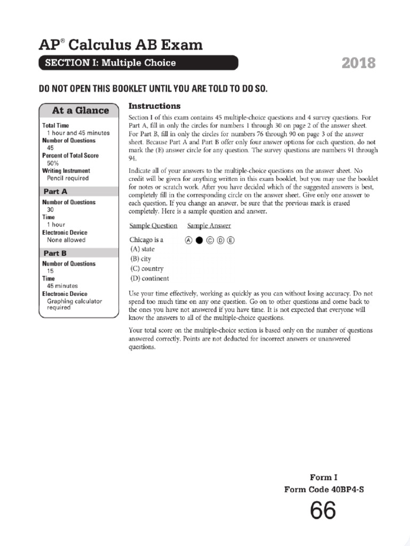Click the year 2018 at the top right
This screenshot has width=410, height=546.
[x=358, y=63]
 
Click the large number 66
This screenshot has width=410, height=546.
[x=323, y=511]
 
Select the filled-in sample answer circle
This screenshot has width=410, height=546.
[x=199, y=240]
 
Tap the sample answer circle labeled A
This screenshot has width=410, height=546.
[x=188, y=240]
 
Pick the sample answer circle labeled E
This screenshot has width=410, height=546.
[x=231, y=240]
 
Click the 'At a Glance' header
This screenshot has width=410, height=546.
[x=80, y=110]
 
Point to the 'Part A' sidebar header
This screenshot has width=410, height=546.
[x=56, y=191]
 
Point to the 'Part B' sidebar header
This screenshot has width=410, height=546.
[x=56, y=253]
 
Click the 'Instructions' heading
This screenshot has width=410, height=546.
[x=155, y=106]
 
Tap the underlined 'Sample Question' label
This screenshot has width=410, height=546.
[x=153, y=226]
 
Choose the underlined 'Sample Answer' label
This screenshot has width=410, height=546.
[x=209, y=226]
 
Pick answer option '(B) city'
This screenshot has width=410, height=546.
[x=140, y=259]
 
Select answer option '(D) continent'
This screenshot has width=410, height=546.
[x=149, y=278]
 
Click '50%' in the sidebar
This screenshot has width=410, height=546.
[x=53, y=163]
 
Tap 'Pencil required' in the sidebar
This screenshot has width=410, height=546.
[x=68, y=178]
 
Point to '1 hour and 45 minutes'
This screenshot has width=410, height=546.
[x=78, y=133]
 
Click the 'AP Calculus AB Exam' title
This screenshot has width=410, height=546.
[x=121, y=45]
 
